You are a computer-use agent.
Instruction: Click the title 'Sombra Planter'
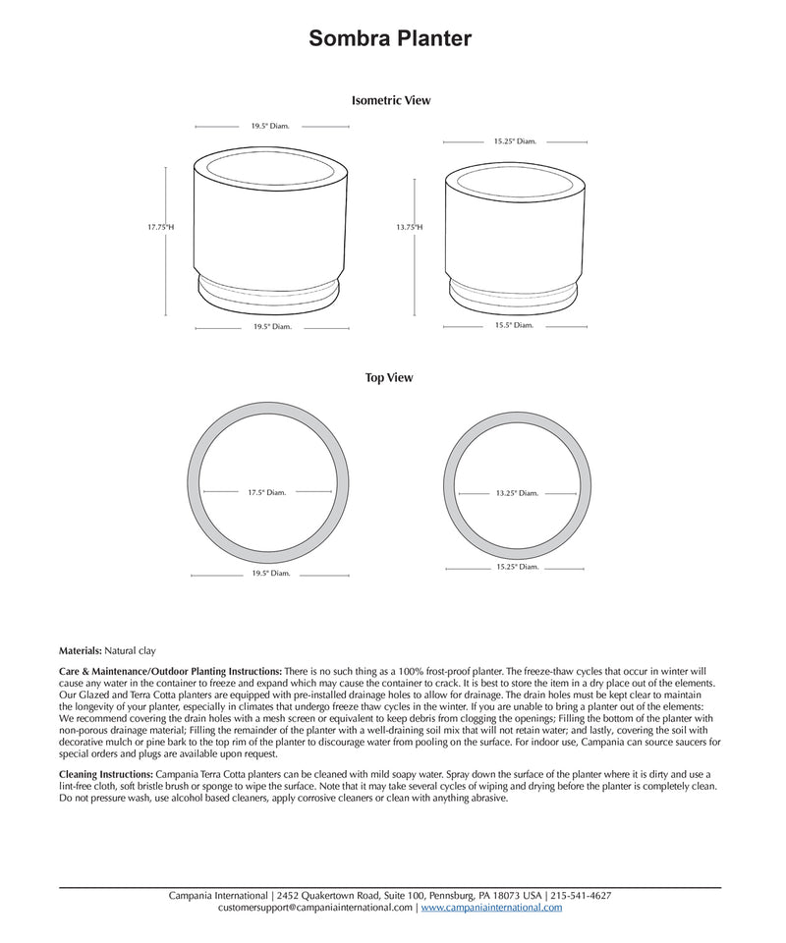(390, 38)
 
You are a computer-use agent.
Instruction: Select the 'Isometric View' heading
(390, 100)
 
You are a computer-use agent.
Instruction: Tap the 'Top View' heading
(389, 377)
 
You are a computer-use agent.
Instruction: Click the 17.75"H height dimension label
(161, 227)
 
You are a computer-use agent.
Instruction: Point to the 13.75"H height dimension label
(410, 227)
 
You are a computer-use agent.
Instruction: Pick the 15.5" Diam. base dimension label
(514, 325)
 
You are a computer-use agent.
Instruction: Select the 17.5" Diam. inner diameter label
(266, 492)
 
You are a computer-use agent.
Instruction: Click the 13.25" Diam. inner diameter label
(516, 492)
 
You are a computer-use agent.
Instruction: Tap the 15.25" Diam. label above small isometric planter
(515, 141)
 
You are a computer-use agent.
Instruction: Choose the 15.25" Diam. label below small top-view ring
(516, 567)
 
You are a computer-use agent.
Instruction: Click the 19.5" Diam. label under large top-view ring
(271, 573)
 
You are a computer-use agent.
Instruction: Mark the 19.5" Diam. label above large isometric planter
(271, 126)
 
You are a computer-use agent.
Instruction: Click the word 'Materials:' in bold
(81, 650)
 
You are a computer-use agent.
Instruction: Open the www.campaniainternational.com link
(491, 908)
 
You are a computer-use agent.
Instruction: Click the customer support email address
(315, 908)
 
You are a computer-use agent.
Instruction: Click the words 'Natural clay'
(130, 650)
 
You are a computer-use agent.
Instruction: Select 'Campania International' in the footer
(218, 896)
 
